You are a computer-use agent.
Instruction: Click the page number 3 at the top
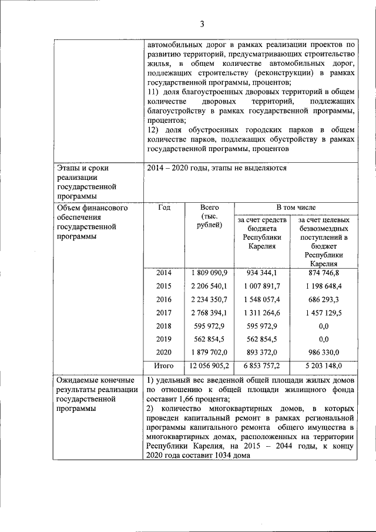[202, 24]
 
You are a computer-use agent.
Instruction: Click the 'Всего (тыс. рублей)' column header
[209, 216]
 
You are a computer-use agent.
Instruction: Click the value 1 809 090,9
[209, 273]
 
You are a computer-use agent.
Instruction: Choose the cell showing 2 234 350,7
[209, 299]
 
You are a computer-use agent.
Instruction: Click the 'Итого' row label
[164, 365]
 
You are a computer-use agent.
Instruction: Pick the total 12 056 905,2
[209, 365]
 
